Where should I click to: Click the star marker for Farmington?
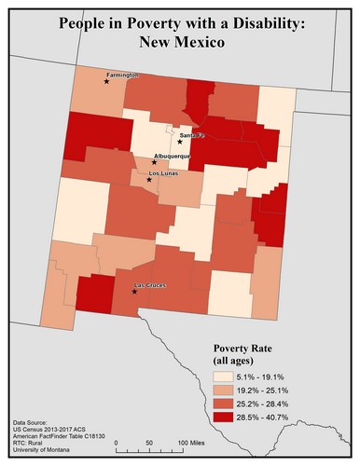[106, 81]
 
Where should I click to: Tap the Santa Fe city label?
[180, 134]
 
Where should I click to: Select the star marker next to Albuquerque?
[155, 162]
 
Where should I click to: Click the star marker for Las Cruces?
[134, 292]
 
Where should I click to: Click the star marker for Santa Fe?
[180, 143]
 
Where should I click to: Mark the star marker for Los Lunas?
[148, 180]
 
